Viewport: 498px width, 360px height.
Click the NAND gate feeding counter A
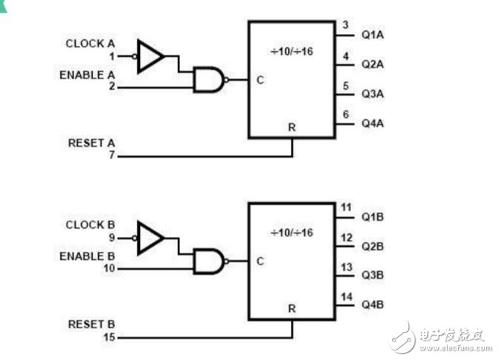pyautogui.click(x=208, y=79)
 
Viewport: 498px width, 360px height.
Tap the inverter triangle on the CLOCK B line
pyautogui.click(x=150, y=238)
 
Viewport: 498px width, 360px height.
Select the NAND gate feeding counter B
pyautogui.click(x=208, y=261)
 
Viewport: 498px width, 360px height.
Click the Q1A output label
pyautogui.click(x=373, y=35)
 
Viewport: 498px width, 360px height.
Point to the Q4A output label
pyautogui.click(x=373, y=123)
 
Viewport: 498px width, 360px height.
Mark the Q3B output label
pyautogui.click(x=373, y=275)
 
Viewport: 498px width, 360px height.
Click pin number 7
pyautogui.click(x=113, y=156)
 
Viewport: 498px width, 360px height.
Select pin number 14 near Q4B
pyautogui.click(x=345, y=296)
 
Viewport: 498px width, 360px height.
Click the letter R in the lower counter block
pyautogui.click(x=292, y=307)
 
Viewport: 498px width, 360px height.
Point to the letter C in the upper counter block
pyautogui.click(x=260, y=80)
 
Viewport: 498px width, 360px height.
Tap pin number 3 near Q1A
pyautogui.click(x=345, y=26)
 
